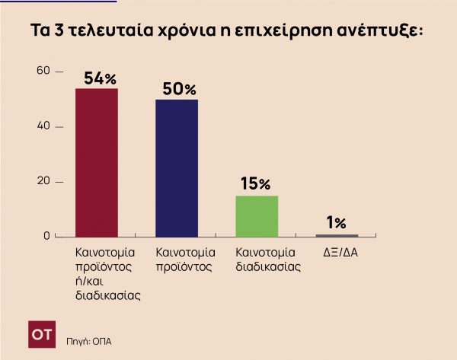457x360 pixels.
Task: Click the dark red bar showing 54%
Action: click(97, 162)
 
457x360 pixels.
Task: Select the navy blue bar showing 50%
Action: click(177, 167)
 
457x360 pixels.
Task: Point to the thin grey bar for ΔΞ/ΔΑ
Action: click(337, 235)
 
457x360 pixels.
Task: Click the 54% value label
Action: click(99, 78)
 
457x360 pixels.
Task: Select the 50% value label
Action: click(179, 89)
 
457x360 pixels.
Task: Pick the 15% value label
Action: click(255, 184)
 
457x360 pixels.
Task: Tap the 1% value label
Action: click(336, 223)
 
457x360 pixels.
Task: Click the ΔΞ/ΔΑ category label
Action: click(337, 251)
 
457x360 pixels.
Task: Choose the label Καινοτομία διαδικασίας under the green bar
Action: click(265, 259)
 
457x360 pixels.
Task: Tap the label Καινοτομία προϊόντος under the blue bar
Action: click(185, 259)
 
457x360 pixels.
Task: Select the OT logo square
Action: click(41, 334)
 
